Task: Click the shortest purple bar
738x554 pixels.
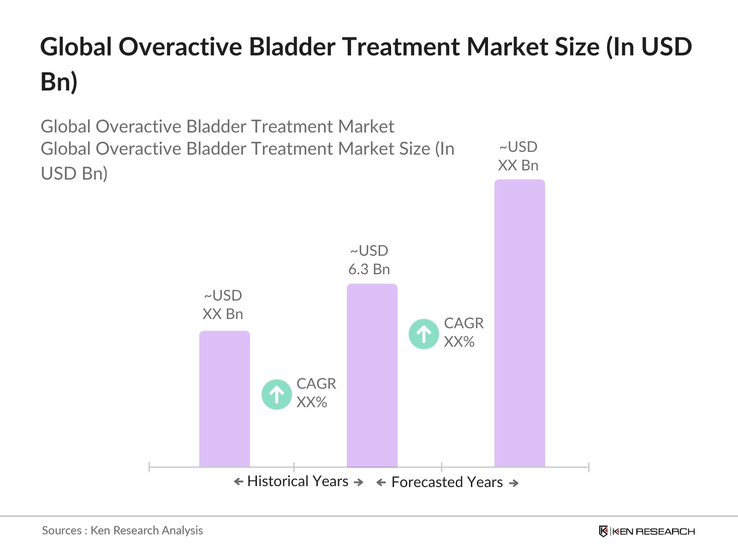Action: click(x=224, y=399)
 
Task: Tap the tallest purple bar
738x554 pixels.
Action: click(x=519, y=323)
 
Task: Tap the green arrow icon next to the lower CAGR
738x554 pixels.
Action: click(x=276, y=394)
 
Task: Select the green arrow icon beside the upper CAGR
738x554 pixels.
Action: click(x=423, y=334)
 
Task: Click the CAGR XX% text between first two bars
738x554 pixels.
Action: click(x=316, y=393)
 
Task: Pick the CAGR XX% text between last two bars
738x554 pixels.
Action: click(x=464, y=332)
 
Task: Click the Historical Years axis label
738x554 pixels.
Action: click(x=298, y=482)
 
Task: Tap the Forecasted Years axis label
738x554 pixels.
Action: click(x=447, y=482)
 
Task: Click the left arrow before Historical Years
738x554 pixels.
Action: click(x=238, y=482)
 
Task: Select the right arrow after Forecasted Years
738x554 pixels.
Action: click(x=514, y=483)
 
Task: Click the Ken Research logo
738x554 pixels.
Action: click(x=646, y=531)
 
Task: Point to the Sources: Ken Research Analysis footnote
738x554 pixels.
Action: click(x=122, y=530)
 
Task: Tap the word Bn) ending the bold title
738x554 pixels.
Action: click(x=59, y=82)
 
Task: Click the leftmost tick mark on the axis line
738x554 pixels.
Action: click(x=149, y=467)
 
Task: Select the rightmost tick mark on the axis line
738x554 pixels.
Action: click(x=589, y=467)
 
